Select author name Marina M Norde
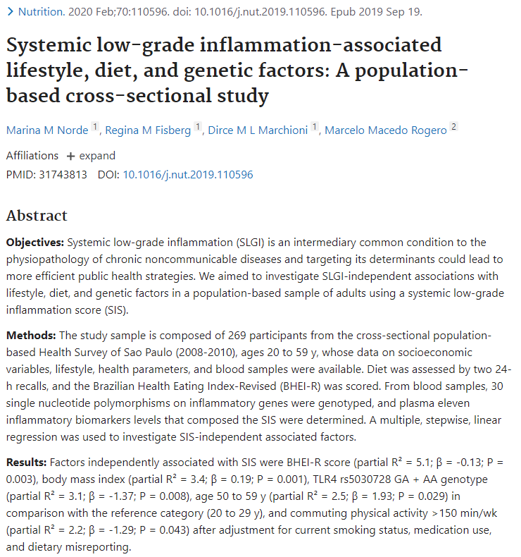(x=47, y=130)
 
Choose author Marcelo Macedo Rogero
(x=385, y=130)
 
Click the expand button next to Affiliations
(x=91, y=156)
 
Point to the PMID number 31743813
(x=63, y=174)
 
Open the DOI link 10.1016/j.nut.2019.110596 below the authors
(x=188, y=174)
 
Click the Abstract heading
(x=37, y=216)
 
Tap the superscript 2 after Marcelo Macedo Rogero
(x=454, y=126)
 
